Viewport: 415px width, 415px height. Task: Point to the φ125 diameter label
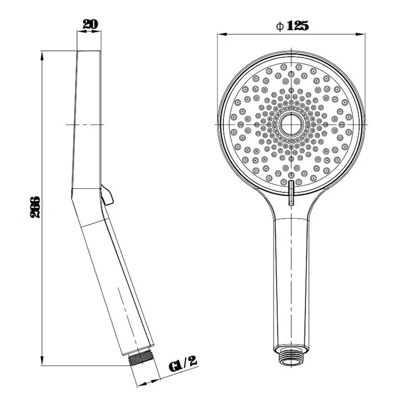point(293,25)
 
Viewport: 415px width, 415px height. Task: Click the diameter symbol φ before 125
point(280,25)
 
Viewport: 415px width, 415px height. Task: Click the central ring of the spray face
point(292,125)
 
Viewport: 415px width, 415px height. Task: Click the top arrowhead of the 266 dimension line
point(40,54)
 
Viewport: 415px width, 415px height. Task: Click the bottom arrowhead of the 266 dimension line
point(40,363)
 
